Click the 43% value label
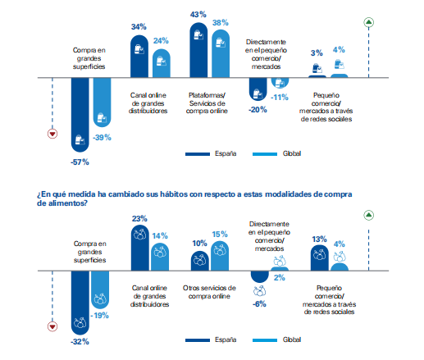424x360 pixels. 198,15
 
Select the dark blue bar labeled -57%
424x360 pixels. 80,115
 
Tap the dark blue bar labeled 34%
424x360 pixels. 139,57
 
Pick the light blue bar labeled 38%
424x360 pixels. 221,53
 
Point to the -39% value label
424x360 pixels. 102,138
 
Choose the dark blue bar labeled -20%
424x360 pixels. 258,89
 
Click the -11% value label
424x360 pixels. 280,98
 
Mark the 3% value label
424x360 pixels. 317,53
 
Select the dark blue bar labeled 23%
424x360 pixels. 140,248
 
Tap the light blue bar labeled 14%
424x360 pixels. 160,257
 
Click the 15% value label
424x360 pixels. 220,235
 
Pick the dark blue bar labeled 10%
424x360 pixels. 200,261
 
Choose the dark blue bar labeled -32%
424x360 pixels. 80,303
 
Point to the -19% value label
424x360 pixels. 99,316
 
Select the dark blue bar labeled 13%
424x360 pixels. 320,257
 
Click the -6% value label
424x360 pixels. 259,304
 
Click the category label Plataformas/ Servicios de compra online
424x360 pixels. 207,103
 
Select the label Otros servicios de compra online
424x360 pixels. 209,292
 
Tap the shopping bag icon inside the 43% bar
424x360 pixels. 198,35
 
